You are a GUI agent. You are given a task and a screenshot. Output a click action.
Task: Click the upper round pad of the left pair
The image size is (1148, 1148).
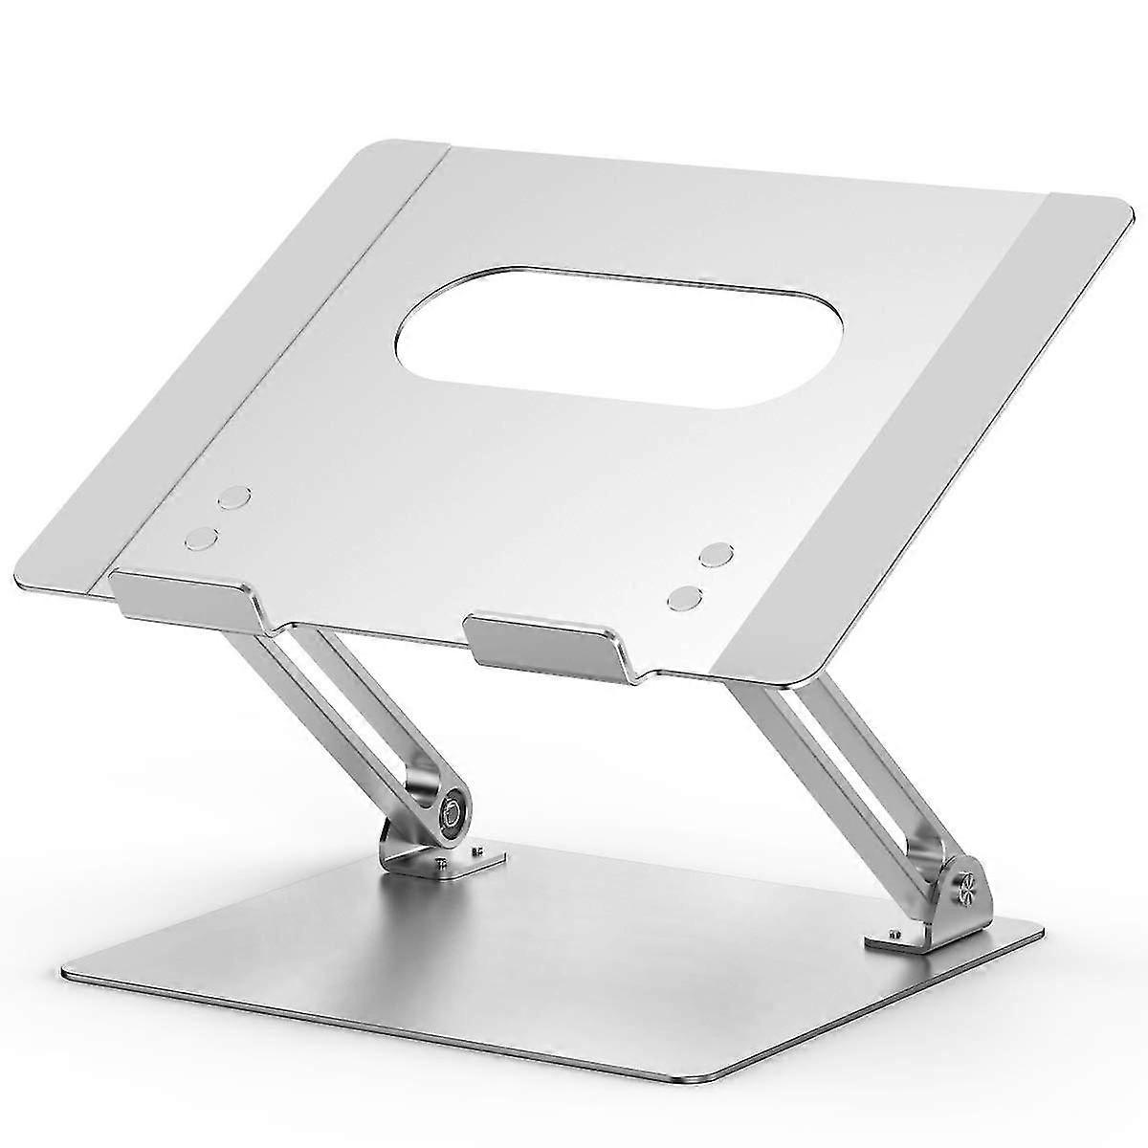[x=233, y=497]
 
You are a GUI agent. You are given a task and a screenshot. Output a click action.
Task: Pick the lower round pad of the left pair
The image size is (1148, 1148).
[x=201, y=538]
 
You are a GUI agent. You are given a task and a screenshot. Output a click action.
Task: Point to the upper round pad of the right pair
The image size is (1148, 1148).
[x=715, y=555]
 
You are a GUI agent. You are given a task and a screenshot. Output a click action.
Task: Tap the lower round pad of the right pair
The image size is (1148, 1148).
[x=685, y=597]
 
